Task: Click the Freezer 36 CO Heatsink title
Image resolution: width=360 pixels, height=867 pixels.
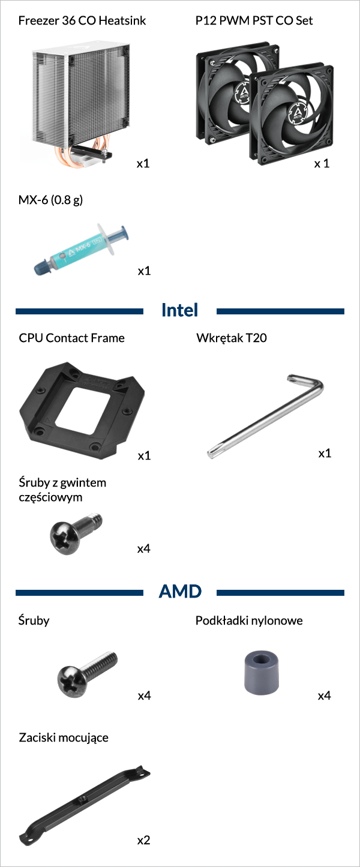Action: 82,20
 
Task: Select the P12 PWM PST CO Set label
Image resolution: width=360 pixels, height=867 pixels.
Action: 254,20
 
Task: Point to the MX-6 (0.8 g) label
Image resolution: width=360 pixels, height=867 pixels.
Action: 50,200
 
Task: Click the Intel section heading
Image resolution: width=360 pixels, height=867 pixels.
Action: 179,310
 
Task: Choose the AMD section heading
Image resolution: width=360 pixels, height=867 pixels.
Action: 180,592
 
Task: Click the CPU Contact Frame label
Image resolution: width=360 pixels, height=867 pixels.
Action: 71,338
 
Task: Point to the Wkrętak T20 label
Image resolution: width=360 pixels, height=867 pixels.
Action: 232,338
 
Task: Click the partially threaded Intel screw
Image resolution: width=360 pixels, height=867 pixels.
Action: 76,533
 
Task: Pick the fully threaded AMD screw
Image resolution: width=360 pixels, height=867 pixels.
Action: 86,673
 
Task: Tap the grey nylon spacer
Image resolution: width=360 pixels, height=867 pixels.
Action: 262,673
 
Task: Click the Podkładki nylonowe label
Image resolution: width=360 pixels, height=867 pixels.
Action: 249,620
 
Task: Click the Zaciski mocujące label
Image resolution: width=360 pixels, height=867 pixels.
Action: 64,738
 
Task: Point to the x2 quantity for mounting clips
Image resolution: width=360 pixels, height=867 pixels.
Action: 143,840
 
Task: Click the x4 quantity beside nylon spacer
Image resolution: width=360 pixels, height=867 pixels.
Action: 325,696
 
